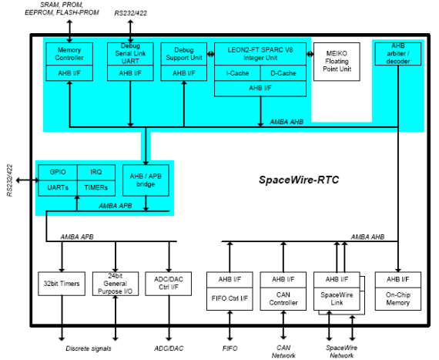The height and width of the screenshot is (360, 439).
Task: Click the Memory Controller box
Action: click(69, 54)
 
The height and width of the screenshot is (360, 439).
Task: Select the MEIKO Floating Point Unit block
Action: click(337, 62)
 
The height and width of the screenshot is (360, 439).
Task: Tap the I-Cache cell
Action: click(237, 73)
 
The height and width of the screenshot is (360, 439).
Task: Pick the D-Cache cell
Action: click(283, 73)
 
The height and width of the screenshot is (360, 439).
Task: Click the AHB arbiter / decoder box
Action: click(398, 54)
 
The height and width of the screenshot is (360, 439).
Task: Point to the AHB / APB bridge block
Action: click(146, 180)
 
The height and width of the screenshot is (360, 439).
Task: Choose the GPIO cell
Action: click(58, 173)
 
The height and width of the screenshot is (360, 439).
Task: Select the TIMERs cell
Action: click(96, 188)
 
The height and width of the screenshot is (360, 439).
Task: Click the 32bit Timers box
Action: click(62, 284)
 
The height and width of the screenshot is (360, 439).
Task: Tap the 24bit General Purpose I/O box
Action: click(116, 284)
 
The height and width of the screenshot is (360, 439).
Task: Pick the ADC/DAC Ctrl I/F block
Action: click(168, 284)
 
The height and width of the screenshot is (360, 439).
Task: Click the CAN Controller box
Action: click(283, 298)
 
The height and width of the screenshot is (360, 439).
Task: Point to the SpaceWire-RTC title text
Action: click(299, 180)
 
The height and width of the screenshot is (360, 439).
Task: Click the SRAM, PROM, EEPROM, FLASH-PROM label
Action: click(62, 8)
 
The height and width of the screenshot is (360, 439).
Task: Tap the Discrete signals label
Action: click(89, 348)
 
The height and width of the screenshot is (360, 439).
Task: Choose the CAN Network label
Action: click(283, 352)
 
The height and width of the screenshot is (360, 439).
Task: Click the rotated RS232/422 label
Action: click(10, 180)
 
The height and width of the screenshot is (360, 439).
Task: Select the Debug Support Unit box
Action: click(184, 54)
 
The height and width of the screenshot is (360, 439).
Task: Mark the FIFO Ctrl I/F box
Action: click(230, 298)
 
